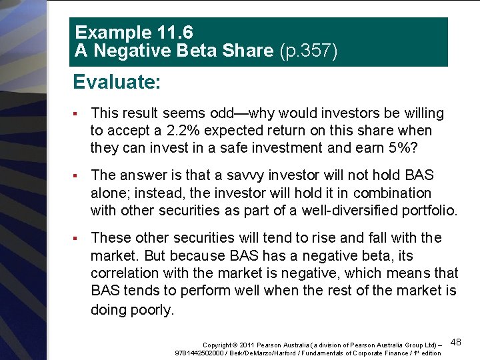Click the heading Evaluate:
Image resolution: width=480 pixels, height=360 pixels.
(x=117, y=82)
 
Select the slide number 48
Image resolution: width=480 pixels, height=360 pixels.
(x=456, y=342)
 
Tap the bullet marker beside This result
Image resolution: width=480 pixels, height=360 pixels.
(x=79, y=113)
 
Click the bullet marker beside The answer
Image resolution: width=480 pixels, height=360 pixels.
(x=79, y=175)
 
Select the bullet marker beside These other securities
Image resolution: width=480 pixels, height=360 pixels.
(x=79, y=238)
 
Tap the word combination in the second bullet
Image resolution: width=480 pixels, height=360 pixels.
(x=392, y=193)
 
